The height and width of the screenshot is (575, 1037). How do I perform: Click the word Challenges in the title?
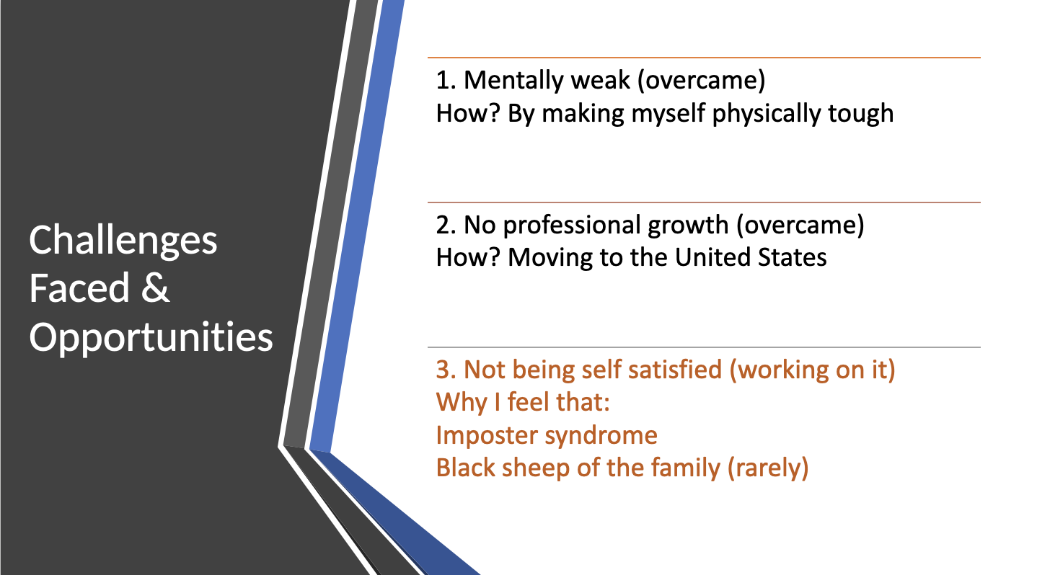(123, 241)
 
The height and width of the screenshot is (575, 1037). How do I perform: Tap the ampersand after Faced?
(156, 287)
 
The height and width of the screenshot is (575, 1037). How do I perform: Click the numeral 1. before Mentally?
(446, 80)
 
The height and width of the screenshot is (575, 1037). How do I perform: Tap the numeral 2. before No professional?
(446, 225)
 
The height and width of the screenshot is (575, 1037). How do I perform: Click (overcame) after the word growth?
(800, 226)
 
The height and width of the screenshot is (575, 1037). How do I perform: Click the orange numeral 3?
(446, 370)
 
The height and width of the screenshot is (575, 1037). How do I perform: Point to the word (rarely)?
(768, 468)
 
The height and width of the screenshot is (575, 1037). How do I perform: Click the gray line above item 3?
(704, 347)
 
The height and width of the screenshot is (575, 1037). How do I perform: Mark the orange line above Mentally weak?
(704, 58)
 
